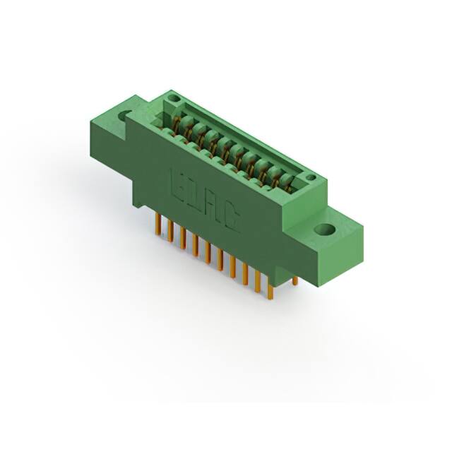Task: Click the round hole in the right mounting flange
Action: pyautogui.click(x=326, y=230)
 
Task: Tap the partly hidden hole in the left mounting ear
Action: pyautogui.click(x=126, y=114)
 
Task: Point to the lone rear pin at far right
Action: pyautogui.click(x=295, y=280)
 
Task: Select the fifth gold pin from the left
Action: pyautogui.click(x=207, y=251)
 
